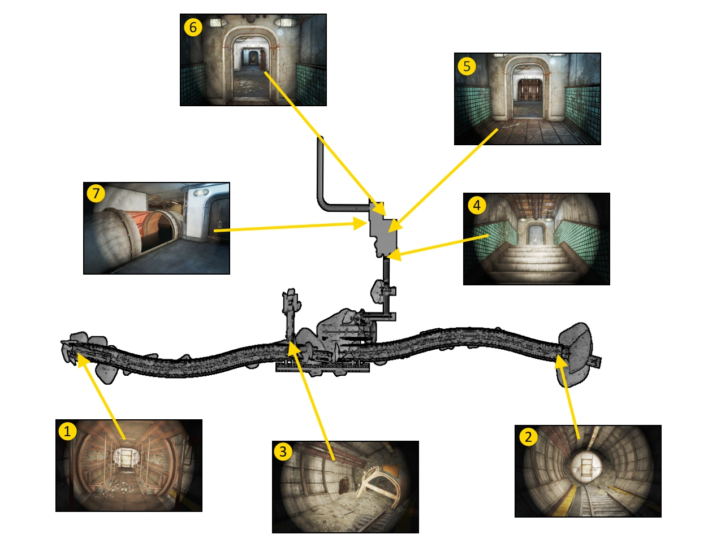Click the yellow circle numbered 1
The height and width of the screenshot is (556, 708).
67,431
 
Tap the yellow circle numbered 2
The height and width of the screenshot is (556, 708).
528,437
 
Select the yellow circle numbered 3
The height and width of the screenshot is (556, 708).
283,452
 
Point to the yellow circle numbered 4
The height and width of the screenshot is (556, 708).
477,206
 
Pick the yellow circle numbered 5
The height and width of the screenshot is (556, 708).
467,67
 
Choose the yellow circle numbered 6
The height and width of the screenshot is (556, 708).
193,27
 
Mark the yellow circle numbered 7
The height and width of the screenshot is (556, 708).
96,193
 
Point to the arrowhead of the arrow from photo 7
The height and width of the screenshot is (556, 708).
361,224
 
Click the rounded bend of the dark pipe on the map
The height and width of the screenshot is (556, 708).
322,202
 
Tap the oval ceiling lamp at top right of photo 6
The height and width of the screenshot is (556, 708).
285,22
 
